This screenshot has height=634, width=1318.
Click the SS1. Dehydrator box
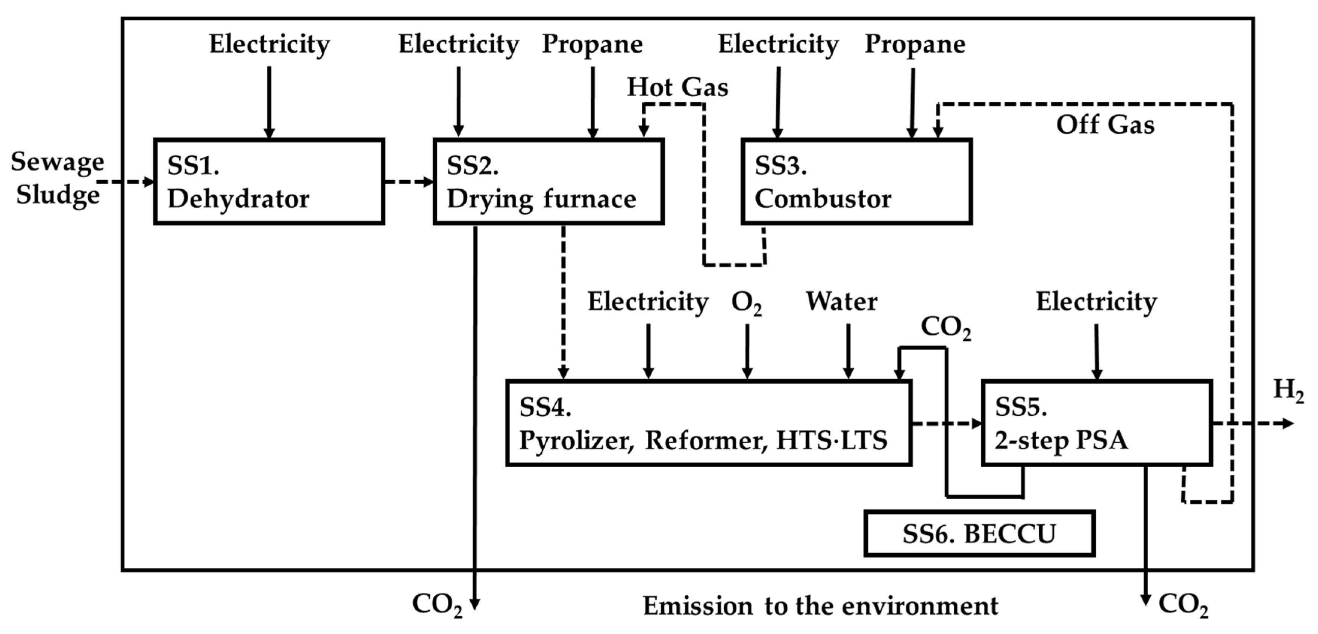(x=269, y=181)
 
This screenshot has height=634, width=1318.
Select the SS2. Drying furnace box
(x=548, y=181)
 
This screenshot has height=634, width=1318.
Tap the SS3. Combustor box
(x=856, y=181)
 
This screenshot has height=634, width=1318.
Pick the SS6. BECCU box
(x=979, y=534)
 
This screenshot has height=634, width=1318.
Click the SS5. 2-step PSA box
(x=1097, y=423)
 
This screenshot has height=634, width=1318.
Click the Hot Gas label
(x=677, y=88)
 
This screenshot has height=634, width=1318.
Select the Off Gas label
(x=1105, y=125)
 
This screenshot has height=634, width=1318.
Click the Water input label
(x=842, y=302)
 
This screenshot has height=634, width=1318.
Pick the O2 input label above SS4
(x=747, y=303)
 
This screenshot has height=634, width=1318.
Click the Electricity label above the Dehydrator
(x=269, y=44)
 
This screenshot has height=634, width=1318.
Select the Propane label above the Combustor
(x=915, y=44)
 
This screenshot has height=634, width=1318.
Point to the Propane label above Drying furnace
(x=592, y=44)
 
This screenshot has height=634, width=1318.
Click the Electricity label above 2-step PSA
(x=1097, y=302)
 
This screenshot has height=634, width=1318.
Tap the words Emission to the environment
(x=820, y=606)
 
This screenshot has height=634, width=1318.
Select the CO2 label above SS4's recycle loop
(x=945, y=328)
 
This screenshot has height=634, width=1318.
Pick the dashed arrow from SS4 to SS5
(x=947, y=423)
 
